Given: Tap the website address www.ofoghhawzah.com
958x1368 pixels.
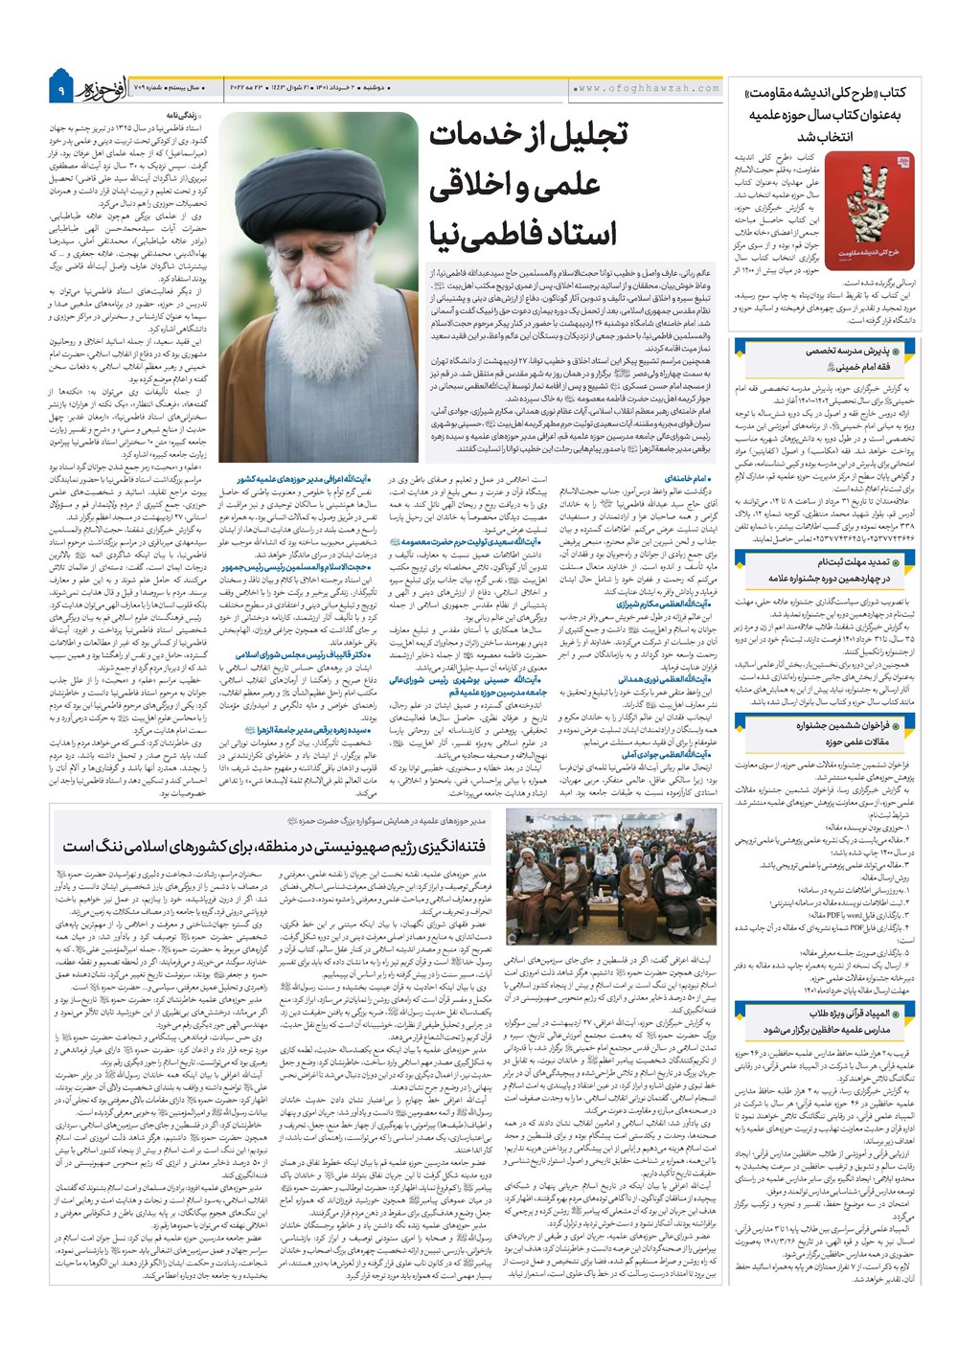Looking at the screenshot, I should coord(647,88).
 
